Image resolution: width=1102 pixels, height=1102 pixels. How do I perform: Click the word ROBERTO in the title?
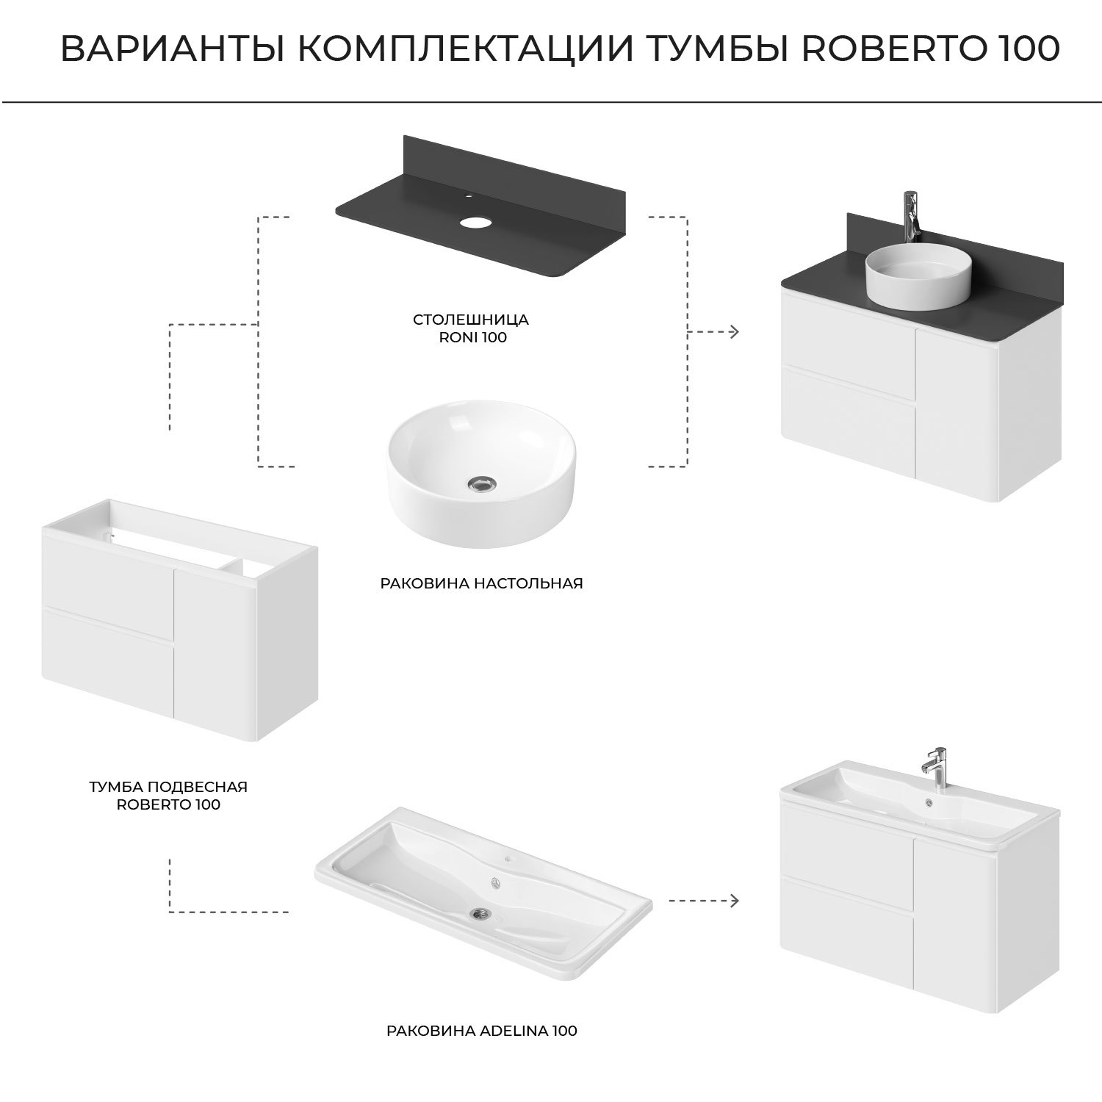[x=892, y=49]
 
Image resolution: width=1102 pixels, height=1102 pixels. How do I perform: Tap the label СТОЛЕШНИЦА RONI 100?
[x=471, y=328]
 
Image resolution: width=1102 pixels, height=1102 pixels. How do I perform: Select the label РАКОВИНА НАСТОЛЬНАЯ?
[x=481, y=583]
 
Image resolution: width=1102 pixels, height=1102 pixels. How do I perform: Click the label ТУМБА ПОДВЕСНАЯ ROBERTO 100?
[x=168, y=795]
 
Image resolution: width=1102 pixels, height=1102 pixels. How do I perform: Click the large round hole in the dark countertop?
[x=475, y=221]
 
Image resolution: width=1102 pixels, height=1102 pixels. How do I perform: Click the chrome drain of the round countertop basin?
[x=482, y=483]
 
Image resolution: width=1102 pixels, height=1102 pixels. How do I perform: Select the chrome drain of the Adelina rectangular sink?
[x=481, y=913]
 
